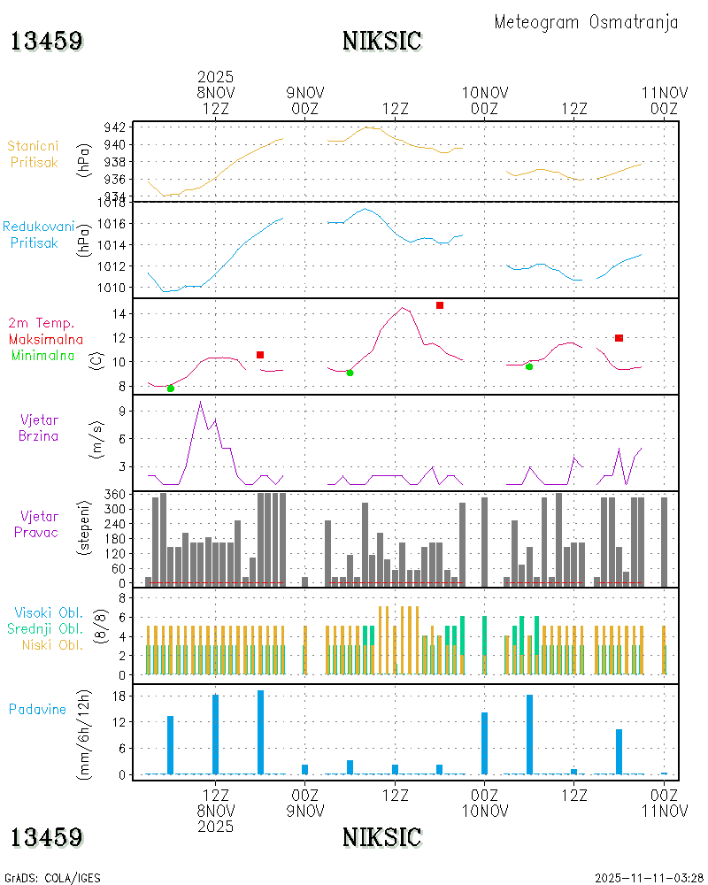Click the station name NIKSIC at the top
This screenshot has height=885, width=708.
tap(381, 41)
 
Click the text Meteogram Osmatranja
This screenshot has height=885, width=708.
tap(586, 22)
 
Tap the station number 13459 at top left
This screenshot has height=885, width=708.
tap(47, 41)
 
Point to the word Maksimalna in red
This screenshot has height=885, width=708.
tap(46, 339)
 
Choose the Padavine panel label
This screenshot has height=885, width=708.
tap(37, 709)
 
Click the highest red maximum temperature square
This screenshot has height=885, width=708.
tap(440, 305)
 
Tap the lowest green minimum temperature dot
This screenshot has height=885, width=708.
tap(171, 389)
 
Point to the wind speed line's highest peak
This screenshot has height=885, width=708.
tap(201, 402)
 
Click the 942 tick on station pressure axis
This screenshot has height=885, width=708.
tap(115, 127)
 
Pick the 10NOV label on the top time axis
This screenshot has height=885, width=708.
tap(485, 91)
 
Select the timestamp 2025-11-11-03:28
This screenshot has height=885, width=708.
tap(648, 878)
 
